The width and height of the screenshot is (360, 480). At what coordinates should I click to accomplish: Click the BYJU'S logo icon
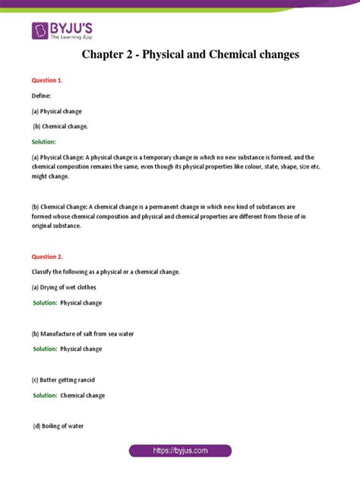pos(40,31)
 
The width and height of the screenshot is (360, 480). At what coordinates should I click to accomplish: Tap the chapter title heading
pos(179,55)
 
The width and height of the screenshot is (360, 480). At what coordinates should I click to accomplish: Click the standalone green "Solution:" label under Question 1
pos(43,142)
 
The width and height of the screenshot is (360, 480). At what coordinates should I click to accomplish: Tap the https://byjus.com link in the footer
pos(180,451)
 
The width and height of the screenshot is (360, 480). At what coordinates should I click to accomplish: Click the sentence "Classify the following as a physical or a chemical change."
pos(113,272)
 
